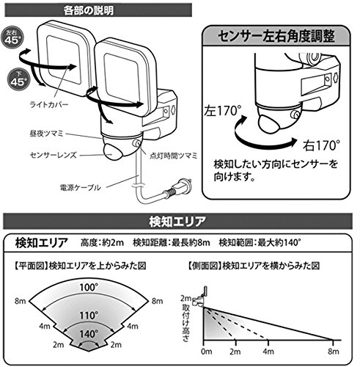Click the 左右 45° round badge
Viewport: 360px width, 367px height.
[12, 38]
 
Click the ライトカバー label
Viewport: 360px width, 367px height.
[49, 105]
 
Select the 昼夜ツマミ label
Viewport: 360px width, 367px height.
[46, 134]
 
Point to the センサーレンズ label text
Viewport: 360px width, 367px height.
[54, 155]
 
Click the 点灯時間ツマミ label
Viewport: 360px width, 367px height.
[173, 156]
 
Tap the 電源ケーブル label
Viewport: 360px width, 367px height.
[80, 188]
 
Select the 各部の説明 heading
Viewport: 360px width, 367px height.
[89, 10]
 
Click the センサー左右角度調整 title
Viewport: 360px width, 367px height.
[276, 36]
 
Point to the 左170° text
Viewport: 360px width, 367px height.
[223, 111]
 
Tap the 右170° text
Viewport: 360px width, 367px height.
[321, 146]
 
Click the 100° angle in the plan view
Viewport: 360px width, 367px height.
[89, 287]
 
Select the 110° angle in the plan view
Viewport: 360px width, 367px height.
[89, 316]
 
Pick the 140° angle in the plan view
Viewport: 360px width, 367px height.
[89, 334]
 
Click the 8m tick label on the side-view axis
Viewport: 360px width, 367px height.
[334, 352]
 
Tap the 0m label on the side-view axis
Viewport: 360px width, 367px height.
[207, 352]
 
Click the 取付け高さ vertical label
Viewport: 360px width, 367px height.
[185, 323]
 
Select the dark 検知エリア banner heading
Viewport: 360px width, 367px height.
[177, 222]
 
